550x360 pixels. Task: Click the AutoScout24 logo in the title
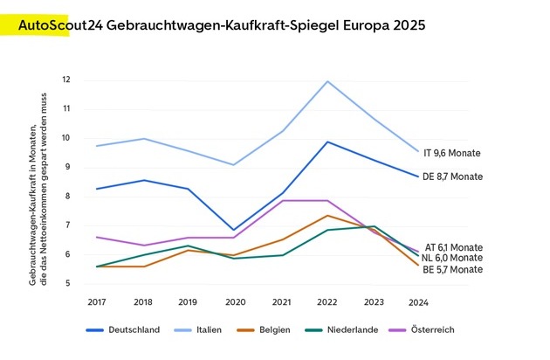click(61, 25)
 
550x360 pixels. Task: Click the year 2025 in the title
click(407, 25)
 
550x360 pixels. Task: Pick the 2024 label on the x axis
click(417, 301)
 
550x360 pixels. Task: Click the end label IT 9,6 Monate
click(452, 153)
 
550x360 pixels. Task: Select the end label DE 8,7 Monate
click(452, 177)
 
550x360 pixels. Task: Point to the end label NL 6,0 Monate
click(452, 259)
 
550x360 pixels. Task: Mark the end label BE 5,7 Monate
click(452, 270)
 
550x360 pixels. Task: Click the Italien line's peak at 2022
click(327, 81)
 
